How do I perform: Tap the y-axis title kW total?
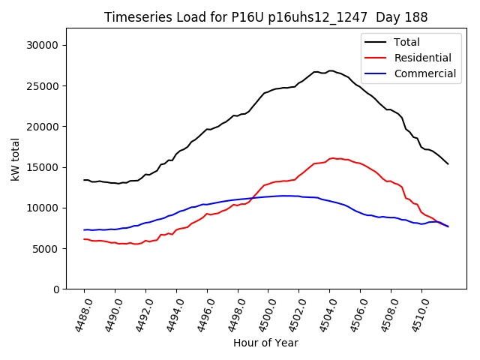[14, 158]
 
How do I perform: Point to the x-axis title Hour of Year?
[265, 343]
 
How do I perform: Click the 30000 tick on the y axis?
[43, 45]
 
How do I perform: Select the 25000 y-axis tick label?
[43, 85]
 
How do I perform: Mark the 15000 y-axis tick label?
[43, 167]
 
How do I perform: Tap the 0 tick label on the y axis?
[55, 289]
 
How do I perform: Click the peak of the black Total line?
[330, 70]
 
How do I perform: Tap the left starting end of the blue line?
[84, 229]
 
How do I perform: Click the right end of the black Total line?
[448, 163]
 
